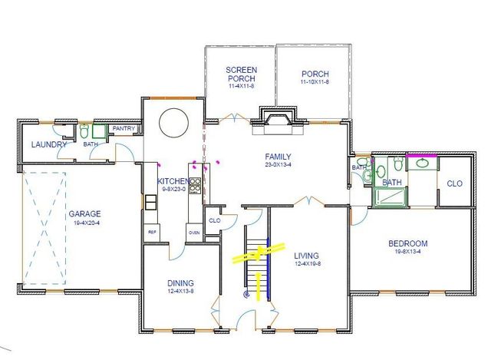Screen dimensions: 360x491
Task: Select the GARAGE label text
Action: coord(83,214)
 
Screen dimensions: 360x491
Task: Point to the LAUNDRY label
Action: coord(49,144)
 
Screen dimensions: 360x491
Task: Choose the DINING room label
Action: coord(180,282)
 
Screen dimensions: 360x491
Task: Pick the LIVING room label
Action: coord(306,256)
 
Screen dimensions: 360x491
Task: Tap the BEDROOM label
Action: coord(407,244)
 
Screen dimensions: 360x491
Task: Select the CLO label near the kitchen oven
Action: coord(214,220)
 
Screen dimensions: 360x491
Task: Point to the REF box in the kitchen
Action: coord(152,231)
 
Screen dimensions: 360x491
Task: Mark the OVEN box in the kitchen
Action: coord(193,232)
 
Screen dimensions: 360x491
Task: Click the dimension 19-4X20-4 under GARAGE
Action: coord(83,223)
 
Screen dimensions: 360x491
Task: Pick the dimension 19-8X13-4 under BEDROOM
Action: coord(407,253)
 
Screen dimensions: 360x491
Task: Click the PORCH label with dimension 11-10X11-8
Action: coord(315,74)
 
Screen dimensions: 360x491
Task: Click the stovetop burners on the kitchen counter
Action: coord(195,184)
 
